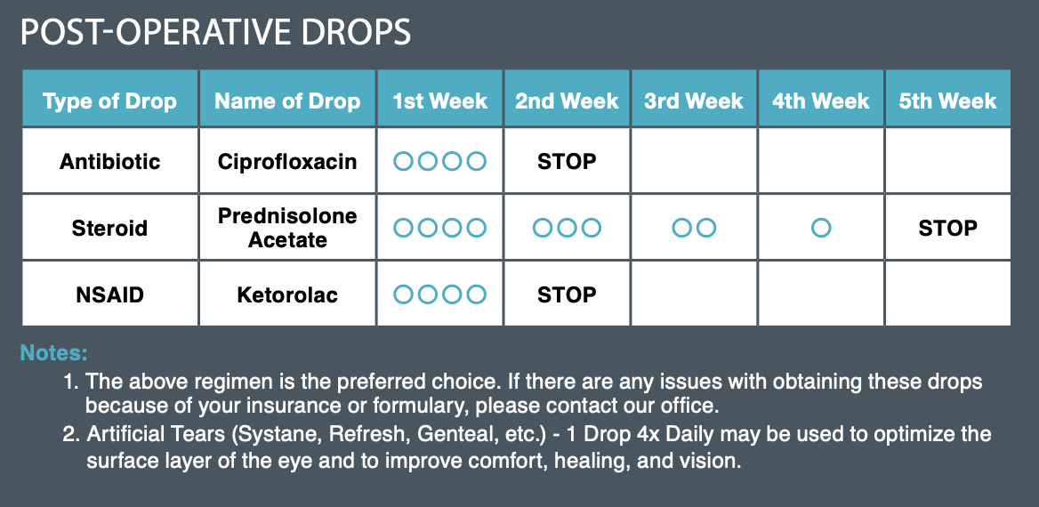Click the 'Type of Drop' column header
click(110, 101)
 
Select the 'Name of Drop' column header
click(287, 101)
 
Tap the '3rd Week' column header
click(694, 101)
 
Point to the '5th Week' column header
click(947, 101)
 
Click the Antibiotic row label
click(110, 161)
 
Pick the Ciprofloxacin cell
click(287, 161)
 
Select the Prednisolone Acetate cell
click(287, 228)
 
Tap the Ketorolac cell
click(287, 294)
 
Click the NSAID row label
click(110, 294)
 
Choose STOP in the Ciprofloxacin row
click(567, 161)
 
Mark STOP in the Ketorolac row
click(567, 294)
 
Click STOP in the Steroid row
click(947, 228)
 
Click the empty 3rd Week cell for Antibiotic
click(694, 160)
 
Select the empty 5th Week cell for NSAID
click(947, 294)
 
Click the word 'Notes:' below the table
click(53, 352)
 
